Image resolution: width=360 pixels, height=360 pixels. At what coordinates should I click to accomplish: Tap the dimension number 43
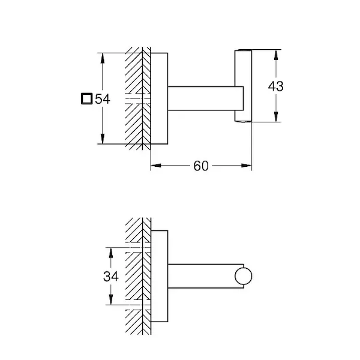275,86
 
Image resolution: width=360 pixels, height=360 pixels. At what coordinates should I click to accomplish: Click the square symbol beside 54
87,98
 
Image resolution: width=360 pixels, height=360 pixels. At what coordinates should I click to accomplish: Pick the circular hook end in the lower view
245,277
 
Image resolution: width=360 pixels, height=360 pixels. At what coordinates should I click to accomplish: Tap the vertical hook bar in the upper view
242,86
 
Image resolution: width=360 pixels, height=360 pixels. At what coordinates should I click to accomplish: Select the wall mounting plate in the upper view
158,98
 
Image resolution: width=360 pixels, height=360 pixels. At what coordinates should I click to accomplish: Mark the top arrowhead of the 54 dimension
104,57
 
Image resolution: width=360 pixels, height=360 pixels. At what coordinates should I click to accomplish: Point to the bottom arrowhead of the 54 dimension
104,140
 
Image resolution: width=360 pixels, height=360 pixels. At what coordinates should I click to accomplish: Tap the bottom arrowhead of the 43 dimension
276,118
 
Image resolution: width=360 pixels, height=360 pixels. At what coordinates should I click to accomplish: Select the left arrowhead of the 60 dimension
154,166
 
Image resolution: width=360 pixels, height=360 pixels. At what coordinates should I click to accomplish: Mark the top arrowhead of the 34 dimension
111,251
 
